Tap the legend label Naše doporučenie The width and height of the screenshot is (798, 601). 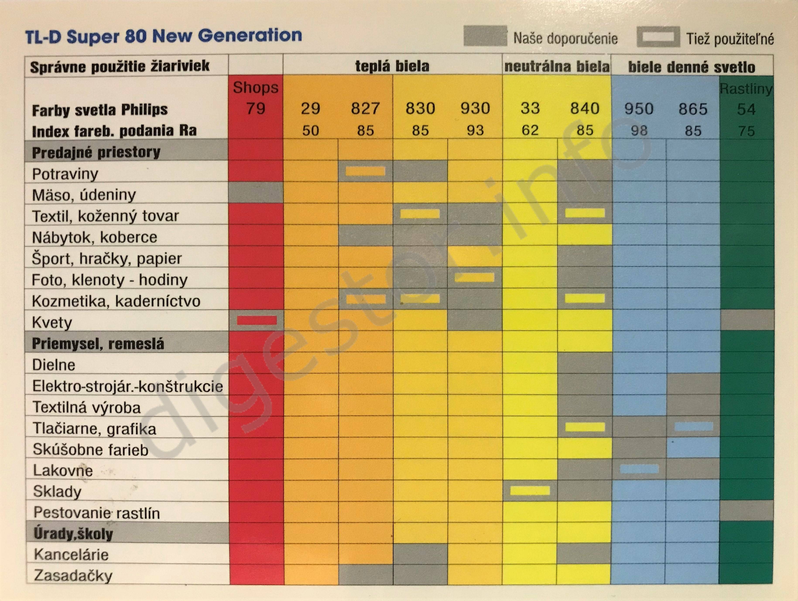coord(565,38)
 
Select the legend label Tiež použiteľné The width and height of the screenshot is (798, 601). coord(730,39)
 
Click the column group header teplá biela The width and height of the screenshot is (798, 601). coord(392,66)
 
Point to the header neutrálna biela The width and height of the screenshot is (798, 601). coord(557,66)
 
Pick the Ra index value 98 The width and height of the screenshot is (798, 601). coord(639,131)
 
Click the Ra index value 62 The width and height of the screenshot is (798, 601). coord(530,130)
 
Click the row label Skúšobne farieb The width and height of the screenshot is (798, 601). coord(90,449)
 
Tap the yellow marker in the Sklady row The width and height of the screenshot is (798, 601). coord(530,490)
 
